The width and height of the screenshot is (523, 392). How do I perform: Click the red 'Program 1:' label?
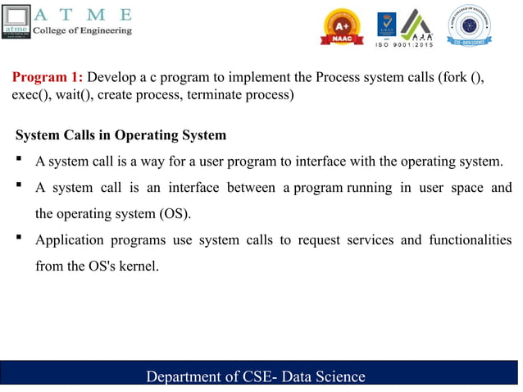(x=47, y=78)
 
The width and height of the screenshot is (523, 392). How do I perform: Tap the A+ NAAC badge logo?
(x=343, y=27)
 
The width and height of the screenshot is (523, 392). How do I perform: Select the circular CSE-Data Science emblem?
(x=475, y=25)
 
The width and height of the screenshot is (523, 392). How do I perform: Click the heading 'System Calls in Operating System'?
(x=121, y=134)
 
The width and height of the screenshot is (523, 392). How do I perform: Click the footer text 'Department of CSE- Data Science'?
(x=255, y=376)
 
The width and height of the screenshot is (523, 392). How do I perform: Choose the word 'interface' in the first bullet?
(x=330, y=161)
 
